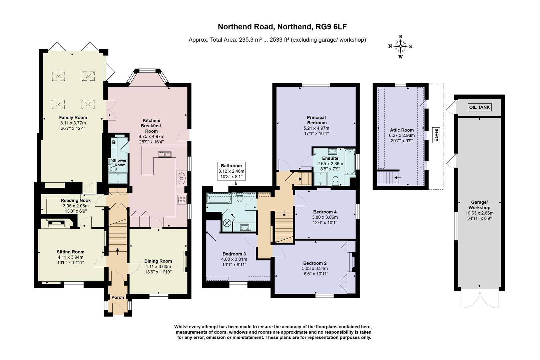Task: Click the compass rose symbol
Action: click(x=400, y=47)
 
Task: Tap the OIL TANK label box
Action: click(x=480, y=107)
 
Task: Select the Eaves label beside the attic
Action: click(x=436, y=135)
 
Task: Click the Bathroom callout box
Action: click(x=231, y=171)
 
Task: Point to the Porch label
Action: click(x=117, y=297)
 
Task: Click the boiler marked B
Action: click(x=114, y=142)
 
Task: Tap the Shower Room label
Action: click(x=120, y=163)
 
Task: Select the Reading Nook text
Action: click(x=76, y=201)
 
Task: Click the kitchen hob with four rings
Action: click(x=182, y=199)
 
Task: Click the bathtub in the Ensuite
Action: click(x=350, y=161)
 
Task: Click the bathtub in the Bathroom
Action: click(x=219, y=199)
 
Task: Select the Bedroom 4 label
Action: click(x=325, y=212)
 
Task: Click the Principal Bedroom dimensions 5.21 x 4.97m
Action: click(x=316, y=128)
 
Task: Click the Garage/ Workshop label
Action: click(x=479, y=205)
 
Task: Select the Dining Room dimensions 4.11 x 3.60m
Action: click(x=158, y=267)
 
